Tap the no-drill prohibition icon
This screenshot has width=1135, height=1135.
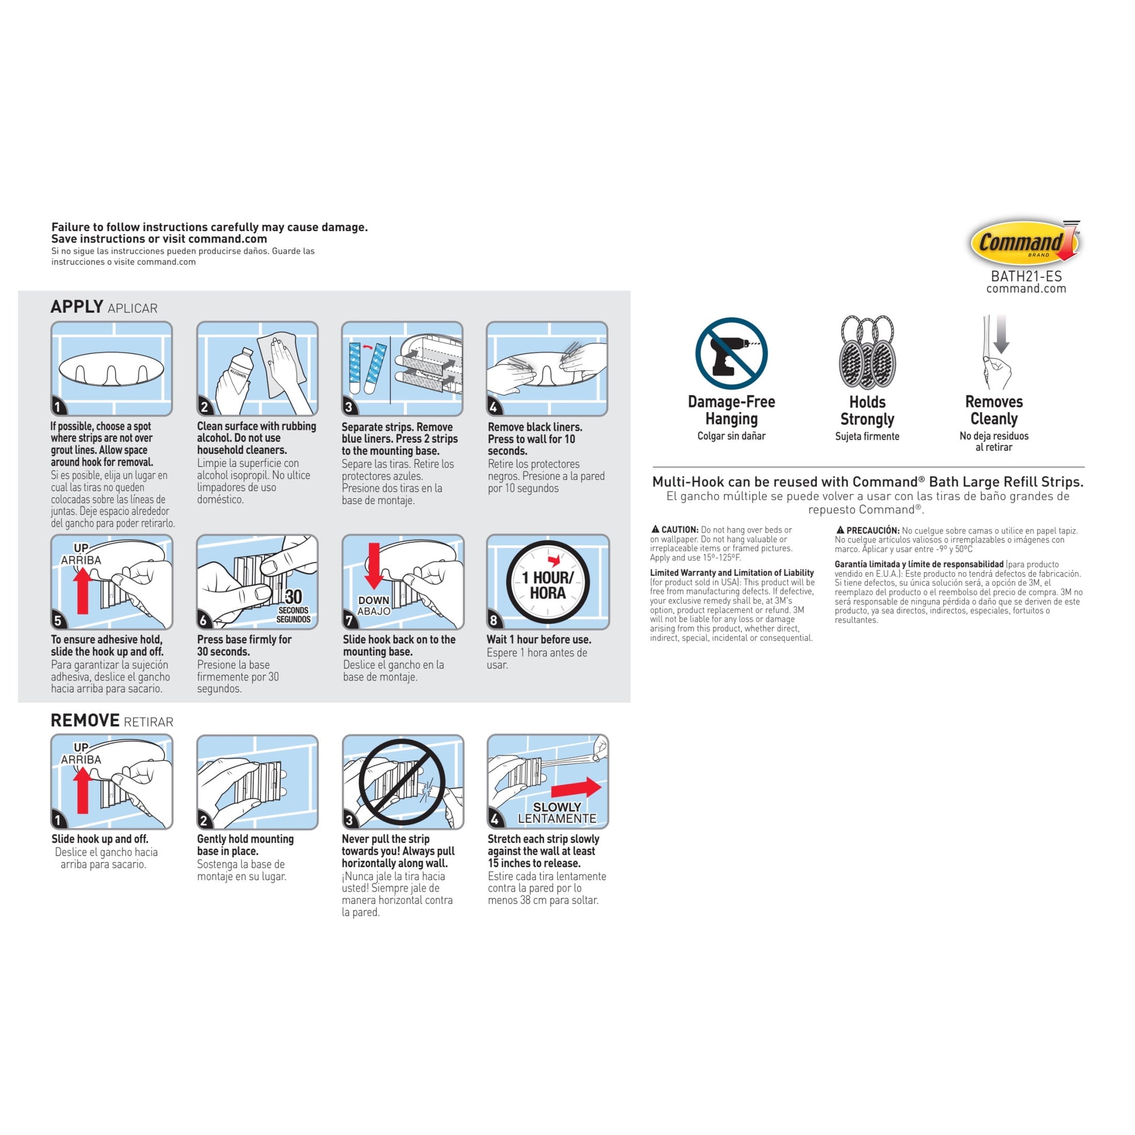coord(731,353)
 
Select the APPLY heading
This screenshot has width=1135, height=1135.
coord(77,307)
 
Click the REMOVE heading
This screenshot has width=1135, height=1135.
coord(85,720)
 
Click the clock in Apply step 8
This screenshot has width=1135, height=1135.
coord(548,581)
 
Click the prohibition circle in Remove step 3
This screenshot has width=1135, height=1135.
coord(402,782)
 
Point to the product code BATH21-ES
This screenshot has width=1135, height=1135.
coord(1026,276)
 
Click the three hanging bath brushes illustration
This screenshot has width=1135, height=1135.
coord(867,352)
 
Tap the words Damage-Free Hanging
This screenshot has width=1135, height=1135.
coord(731,410)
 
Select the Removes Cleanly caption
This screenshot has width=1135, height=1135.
coord(993,410)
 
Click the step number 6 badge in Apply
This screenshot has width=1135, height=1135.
coord(204,620)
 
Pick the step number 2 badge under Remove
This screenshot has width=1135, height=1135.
coord(204,820)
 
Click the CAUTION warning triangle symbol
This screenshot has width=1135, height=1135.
coord(655,530)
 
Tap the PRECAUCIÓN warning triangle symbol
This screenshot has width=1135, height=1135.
coord(840,530)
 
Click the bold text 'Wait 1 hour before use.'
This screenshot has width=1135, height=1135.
coord(539,639)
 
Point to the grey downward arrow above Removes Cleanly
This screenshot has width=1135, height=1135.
coord(1001,334)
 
